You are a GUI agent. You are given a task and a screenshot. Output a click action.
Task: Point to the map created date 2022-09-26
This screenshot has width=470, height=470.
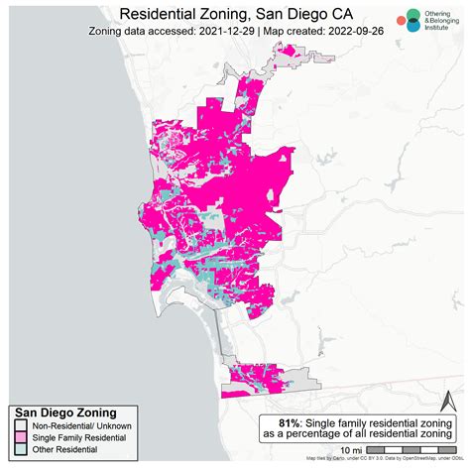[x=353, y=31]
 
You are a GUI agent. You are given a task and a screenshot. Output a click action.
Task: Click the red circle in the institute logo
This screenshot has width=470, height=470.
[x=400, y=20]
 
